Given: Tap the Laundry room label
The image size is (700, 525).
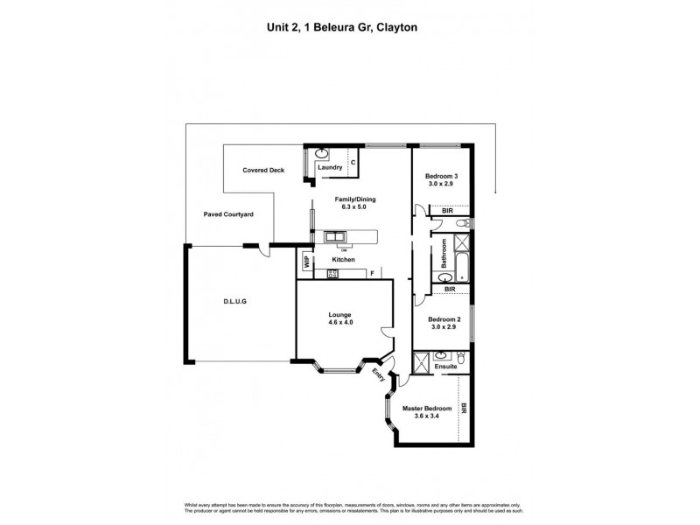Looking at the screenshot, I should (x=329, y=166).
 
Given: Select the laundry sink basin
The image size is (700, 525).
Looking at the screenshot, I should (x=321, y=154).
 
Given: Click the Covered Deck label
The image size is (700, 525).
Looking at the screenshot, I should (x=264, y=171).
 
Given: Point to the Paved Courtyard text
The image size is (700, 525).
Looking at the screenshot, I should (x=228, y=213).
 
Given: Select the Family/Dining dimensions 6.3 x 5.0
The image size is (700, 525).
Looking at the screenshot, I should (x=355, y=208).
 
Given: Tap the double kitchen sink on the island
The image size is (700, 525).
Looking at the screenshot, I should (x=334, y=236).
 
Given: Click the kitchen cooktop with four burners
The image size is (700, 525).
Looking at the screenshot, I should (x=332, y=274).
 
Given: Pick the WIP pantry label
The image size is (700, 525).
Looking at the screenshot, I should (x=306, y=260).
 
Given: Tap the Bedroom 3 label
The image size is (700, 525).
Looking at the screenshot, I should (x=443, y=176).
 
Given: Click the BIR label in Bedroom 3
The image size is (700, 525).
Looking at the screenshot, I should (x=446, y=211).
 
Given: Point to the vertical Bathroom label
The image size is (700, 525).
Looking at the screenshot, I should (x=444, y=254).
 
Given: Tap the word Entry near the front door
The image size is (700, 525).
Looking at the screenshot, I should (x=378, y=376).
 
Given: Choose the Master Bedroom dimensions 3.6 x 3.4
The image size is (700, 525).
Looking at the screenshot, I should (x=426, y=417).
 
